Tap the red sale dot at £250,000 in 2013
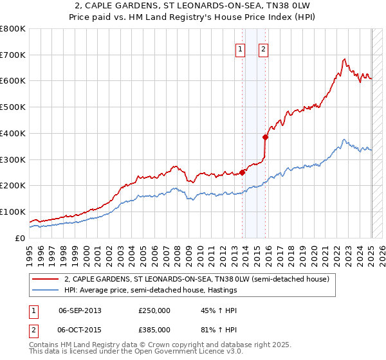(x=243, y=172)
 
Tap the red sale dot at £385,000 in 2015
(x=265, y=136)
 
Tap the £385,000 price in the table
(x=154, y=330)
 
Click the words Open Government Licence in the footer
(x=175, y=352)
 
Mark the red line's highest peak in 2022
(x=344, y=60)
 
